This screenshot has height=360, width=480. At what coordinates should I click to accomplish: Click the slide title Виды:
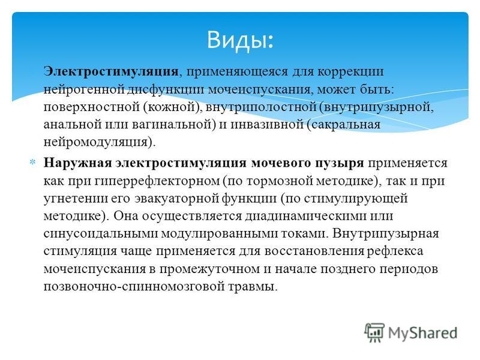(240, 40)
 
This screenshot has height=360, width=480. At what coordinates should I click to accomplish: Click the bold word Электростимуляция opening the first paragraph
(111, 71)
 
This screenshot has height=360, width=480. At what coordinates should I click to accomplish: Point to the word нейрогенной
(84, 89)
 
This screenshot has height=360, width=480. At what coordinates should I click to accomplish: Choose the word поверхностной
(91, 107)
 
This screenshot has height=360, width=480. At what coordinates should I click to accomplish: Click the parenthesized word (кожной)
(173, 107)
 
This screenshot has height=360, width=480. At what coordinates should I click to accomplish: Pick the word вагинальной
(174, 125)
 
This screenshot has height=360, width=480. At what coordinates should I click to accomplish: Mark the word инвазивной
(266, 125)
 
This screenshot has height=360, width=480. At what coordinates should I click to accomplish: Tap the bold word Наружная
(78, 163)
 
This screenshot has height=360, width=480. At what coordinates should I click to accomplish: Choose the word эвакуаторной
(176, 199)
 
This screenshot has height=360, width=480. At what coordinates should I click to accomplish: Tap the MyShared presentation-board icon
(374, 333)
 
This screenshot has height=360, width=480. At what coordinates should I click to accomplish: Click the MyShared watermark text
(423, 333)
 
